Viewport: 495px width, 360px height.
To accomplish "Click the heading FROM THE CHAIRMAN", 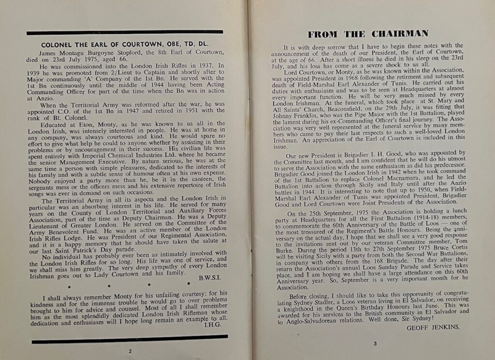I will pos(368,34).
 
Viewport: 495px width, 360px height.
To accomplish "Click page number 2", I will pos(130,351).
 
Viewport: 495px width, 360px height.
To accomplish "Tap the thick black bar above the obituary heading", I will pos(124,32).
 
